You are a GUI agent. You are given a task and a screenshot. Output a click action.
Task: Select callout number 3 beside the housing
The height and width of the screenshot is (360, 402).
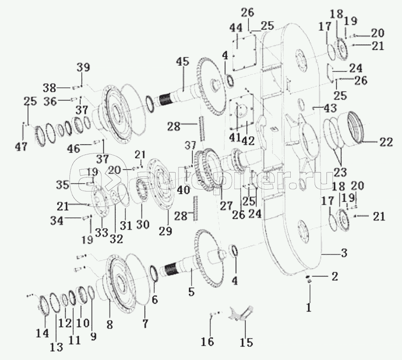click(x=344, y=253)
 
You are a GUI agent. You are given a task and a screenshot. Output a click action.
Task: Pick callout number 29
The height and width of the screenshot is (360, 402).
click(x=165, y=231)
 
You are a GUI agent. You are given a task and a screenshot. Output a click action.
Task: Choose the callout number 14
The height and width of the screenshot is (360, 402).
click(x=43, y=333)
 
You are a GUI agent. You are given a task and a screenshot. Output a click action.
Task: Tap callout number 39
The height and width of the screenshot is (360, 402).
click(x=83, y=67)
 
